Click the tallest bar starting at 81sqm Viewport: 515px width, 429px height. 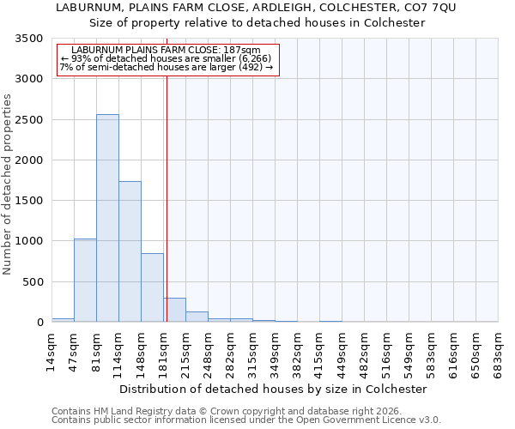click(x=107, y=218)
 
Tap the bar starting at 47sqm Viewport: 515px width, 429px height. click(x=85, y=280)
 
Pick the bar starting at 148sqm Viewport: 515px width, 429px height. click(x=152, y=287)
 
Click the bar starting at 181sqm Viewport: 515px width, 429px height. click(x=174, y=310)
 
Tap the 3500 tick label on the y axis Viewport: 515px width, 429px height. click(x=29, y=39)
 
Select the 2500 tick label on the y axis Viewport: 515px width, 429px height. click(x=29, y=120)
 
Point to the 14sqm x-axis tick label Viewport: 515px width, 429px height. click(x=52, y=350)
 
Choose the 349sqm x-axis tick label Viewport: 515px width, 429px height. click(x=276, y=350)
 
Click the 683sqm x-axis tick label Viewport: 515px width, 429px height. click(x=499, y=350)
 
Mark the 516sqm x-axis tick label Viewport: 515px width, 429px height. click(x=387, y=350)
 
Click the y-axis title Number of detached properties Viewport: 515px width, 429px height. click(x=9, y=184)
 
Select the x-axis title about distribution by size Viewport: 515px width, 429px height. click(x=273, y=389)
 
